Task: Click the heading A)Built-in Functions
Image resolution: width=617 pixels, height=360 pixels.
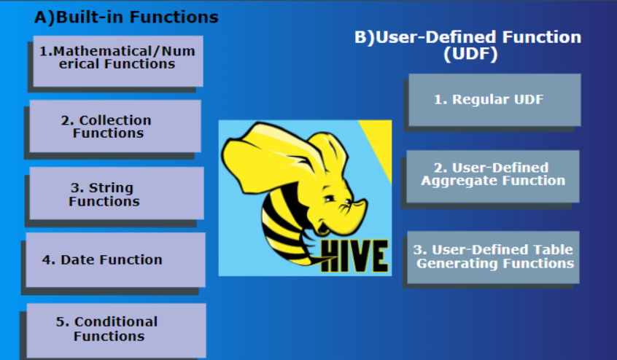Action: pyautogui.click(x=125, y=17)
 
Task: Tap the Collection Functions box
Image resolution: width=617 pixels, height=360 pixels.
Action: pyautogui.click(x=115, y=126)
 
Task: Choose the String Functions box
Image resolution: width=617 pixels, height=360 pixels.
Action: pyautogui.click(x=116, y=193)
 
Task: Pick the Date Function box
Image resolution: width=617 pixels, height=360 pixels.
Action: pyautogui.click(x=115, y=260)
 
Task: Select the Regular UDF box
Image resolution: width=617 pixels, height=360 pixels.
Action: pyautogui.click(x=494, y=100)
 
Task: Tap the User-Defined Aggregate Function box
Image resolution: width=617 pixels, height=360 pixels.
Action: pyautogui.click(x=492, y=175)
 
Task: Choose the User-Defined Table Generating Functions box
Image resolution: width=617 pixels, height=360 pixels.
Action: pyautogui.click(x=494, y=257)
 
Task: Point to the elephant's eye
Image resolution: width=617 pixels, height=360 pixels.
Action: pyautogui.click(x=330, y=197)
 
